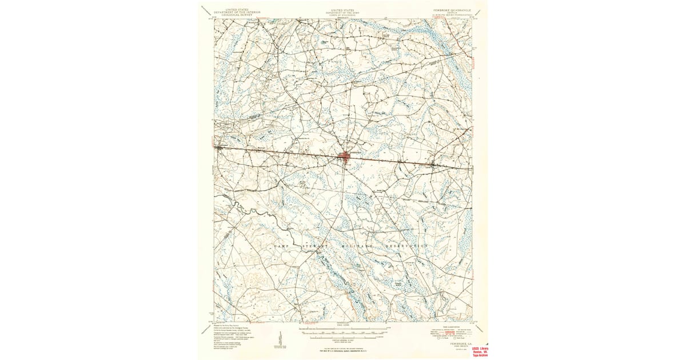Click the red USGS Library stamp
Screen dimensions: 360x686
(480, 351)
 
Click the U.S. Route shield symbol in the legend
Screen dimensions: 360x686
(440, 338)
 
